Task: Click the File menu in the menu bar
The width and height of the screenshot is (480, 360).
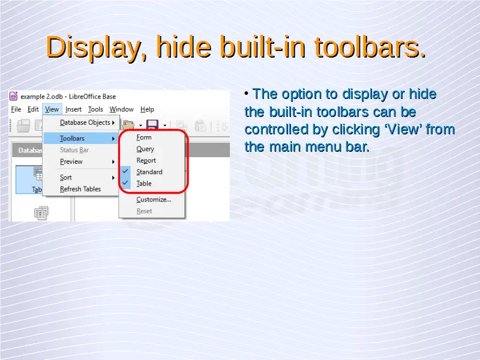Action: pos(16,109)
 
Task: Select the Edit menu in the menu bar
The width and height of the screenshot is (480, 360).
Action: pos(33,109)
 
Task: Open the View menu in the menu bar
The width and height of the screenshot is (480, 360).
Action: pos(52,109)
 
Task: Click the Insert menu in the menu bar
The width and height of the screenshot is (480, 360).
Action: pos(73,109)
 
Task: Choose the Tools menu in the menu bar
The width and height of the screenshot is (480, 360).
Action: pos(95,109)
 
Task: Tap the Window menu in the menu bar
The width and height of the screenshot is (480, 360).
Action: pos(122,109)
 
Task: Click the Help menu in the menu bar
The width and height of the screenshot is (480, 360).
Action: pos(147,109)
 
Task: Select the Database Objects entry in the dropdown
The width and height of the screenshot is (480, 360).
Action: pos(85,122)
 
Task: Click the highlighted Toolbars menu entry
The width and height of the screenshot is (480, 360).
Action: pos(72,139)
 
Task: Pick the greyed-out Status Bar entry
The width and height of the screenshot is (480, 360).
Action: pos(74,150)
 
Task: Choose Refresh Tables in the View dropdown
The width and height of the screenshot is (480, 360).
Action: pos(80,189)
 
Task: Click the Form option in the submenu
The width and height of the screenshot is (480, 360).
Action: pos(144,137)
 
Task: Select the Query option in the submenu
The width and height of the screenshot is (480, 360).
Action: pos(145,149)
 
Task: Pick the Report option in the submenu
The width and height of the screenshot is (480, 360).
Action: pos(146,160)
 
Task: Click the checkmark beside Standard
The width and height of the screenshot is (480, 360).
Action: pos(125,171)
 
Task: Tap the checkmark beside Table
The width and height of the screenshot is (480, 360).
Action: pos(125,183)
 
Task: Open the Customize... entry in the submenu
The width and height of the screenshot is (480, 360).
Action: pos(154,200)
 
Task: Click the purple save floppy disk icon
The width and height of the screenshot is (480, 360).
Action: pos(152,125)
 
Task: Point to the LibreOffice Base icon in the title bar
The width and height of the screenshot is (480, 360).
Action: pos(13,96)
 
